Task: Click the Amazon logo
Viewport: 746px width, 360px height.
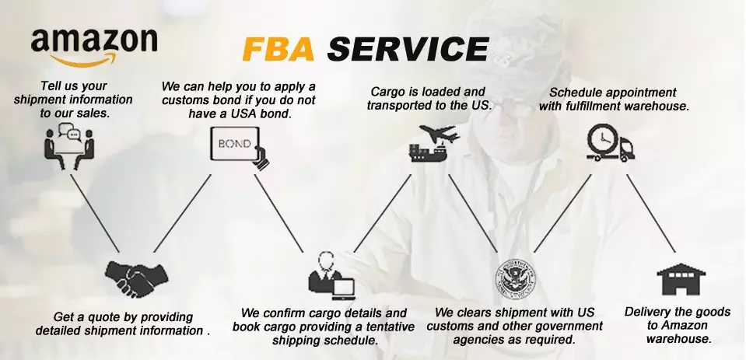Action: click(93, 45)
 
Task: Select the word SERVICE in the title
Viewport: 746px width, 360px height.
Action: click(408, 49)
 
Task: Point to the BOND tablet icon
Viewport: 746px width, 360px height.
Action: click(237, 146)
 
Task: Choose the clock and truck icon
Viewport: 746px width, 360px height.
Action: click(610, 145)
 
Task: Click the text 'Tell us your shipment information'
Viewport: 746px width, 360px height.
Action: click(74, 99)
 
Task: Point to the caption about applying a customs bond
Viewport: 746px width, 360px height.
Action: click(239, 99)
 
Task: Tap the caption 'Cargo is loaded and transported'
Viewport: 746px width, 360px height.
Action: click(429, 98)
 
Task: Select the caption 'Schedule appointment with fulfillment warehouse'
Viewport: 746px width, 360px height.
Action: click(613, 99)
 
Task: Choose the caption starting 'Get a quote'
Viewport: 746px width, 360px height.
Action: click(123, 323)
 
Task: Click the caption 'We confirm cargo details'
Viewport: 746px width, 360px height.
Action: click(324, 327)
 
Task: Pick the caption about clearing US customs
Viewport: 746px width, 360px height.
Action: click(514, 327)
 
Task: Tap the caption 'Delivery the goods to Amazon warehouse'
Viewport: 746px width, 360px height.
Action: click(678, 325)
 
